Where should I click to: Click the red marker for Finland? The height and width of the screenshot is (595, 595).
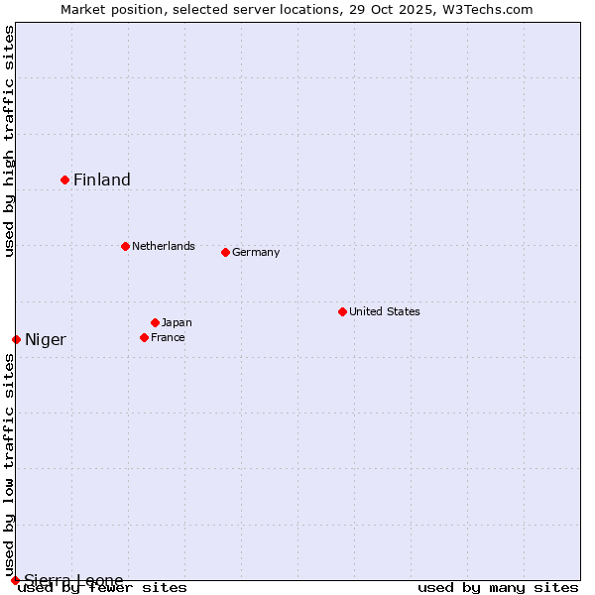coord(65,179)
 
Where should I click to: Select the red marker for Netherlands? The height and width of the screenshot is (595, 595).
coord(125,246)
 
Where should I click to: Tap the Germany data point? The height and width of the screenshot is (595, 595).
coord(225,252)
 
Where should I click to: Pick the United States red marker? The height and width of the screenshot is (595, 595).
coord(342,311)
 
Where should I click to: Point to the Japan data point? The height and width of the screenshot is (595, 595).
coord(155,322)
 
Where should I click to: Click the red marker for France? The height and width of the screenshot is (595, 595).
coord(144,337)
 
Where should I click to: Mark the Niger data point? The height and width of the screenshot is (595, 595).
coord(16,339)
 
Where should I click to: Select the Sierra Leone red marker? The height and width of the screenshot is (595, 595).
coord(15,580)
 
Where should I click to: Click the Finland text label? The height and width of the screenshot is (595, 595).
coord(102,179)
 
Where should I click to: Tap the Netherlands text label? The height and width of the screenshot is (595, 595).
coord(164,246)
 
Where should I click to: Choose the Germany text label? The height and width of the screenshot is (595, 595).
coord(256,252)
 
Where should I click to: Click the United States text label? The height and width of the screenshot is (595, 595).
coord(385,311)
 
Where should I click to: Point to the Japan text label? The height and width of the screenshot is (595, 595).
coord(177,322)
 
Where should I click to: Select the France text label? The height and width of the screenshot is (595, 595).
coord(168,337)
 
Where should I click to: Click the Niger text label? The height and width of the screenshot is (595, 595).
coord(46,340)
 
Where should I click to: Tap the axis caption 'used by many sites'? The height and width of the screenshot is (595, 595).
coord(498,588)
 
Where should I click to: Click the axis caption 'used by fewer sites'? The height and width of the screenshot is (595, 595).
coord(103,588)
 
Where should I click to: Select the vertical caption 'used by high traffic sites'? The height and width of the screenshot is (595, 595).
coord(9,141)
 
